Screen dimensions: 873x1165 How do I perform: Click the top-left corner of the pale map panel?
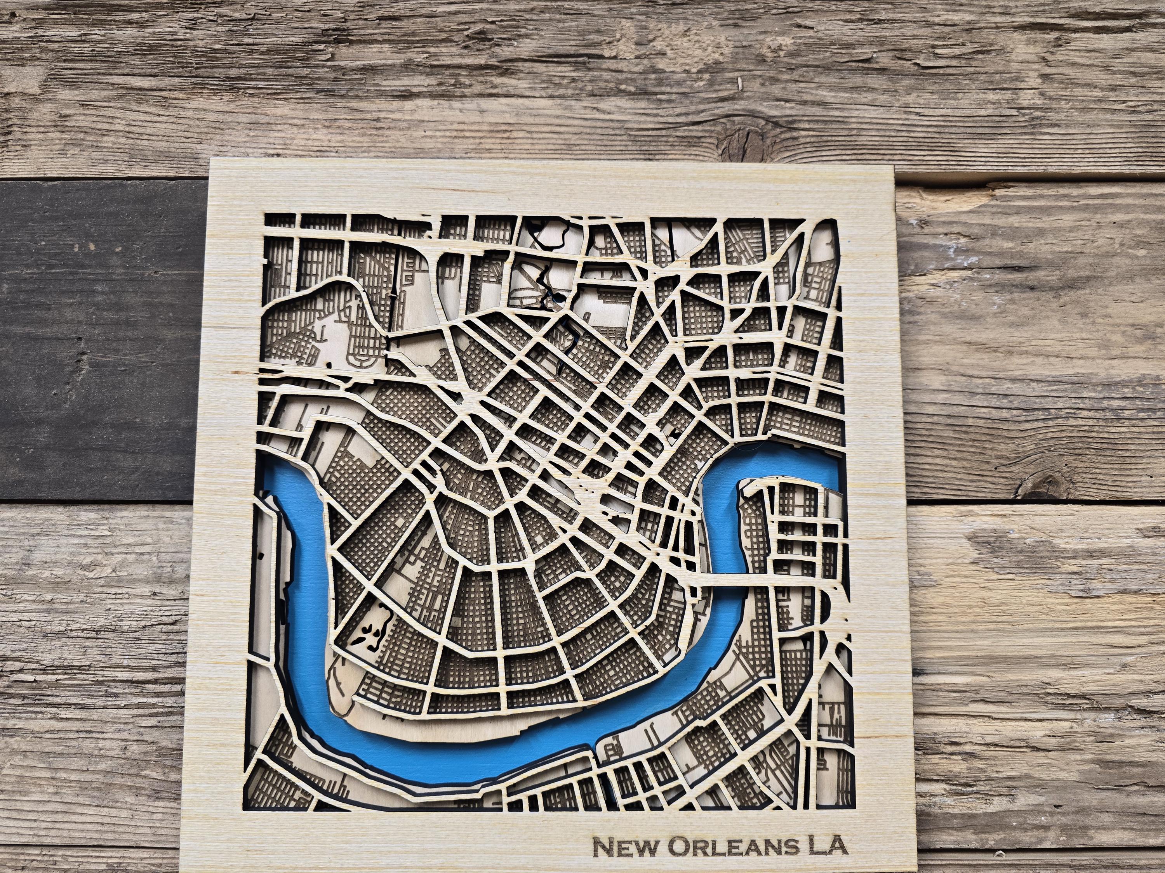tap(212, 159)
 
